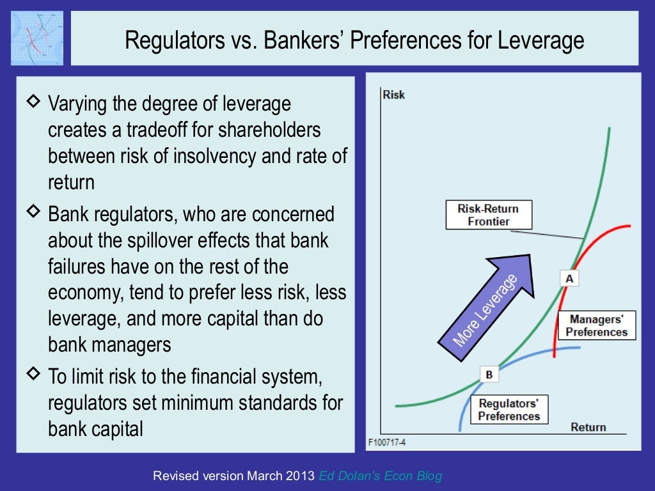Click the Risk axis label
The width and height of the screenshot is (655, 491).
pos(393,95)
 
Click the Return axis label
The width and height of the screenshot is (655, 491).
pos(588,427)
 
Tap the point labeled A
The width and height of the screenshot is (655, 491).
pos(569,278)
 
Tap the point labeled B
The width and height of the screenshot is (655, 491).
pos(489,375)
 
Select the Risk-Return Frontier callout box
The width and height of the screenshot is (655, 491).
pos(488,215)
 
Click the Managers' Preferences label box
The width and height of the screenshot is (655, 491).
pos(596,325)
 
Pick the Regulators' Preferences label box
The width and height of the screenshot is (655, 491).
pos(509,410)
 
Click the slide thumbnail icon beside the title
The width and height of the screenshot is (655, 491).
pos(37,38)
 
